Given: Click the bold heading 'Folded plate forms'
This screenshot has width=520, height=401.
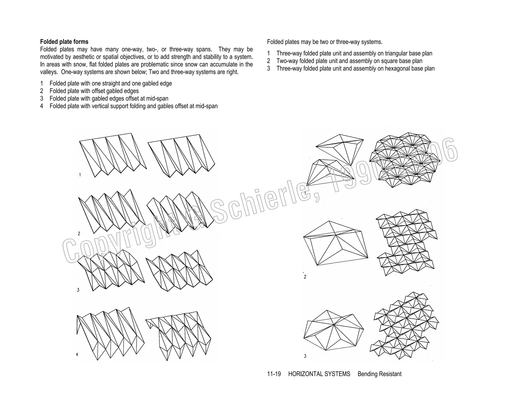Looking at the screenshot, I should [x=64, y=42].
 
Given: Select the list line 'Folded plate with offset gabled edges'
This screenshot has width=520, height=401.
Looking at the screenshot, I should [x=94, y=91].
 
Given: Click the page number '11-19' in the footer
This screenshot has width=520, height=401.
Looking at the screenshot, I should [x=274, y=374].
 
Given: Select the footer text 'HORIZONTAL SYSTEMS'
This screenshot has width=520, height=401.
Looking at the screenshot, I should [x=319, y=374].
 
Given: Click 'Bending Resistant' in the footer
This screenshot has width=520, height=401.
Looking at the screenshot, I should [x=379, y=374].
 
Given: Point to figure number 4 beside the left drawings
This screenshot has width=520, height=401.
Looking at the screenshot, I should [x=77, y=355].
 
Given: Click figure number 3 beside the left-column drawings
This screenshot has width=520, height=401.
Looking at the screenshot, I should [x=78, y=290].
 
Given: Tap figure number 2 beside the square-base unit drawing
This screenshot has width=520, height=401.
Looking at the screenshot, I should [x=305, y=277].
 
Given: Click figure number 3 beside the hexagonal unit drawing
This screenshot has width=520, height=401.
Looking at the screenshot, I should [x=305, y=356].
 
